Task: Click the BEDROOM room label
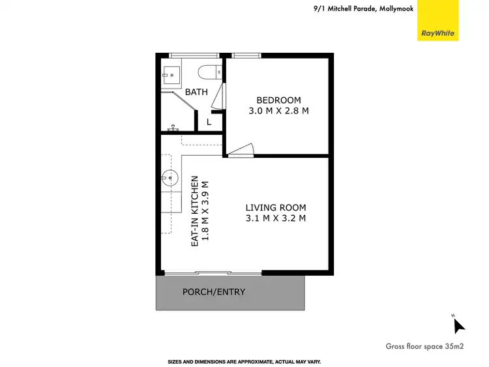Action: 278,100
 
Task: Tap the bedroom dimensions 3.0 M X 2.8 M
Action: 278,111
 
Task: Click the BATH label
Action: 196,92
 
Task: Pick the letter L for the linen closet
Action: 209,121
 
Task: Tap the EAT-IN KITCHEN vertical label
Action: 194,211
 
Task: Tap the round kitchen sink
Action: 170,176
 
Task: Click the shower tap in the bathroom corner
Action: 173,128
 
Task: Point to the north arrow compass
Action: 458,324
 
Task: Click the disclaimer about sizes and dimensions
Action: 244,361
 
